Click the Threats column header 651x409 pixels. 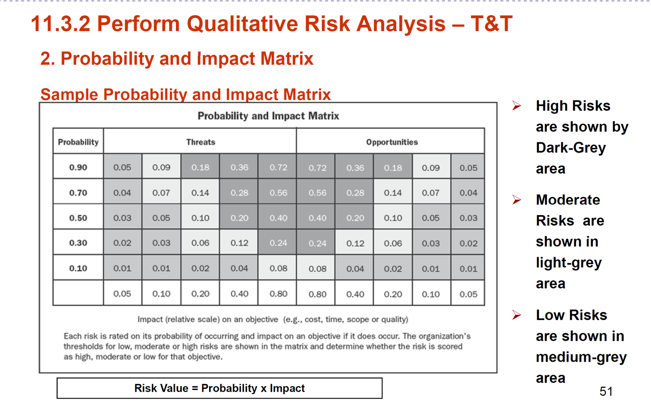pos(201,142)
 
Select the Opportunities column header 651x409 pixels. pos(391,142)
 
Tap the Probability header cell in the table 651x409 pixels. pos(78,142)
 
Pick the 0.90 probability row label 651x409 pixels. pos(78,167)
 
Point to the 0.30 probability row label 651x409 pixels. pos(78,243)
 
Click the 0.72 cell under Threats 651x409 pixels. pos(278,167)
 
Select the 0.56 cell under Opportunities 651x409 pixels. pos(317,193)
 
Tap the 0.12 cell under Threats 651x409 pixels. pos(239,243)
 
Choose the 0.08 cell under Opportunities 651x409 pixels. pos(317,269)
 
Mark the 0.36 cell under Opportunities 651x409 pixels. pos(355,167)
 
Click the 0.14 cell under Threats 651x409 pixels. pos(200,193)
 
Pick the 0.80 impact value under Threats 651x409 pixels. pos(278,294)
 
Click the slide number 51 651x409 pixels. pos(606,391)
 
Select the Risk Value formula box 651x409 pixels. pos(220,388)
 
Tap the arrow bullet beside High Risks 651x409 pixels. pos(516,105)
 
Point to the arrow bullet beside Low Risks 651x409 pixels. pos(516,315)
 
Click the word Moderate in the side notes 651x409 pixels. pos(568,200)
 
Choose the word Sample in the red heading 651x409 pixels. pos(69,95)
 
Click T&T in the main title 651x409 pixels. pos(491,23)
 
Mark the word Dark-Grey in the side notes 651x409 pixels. pos(571,148)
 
